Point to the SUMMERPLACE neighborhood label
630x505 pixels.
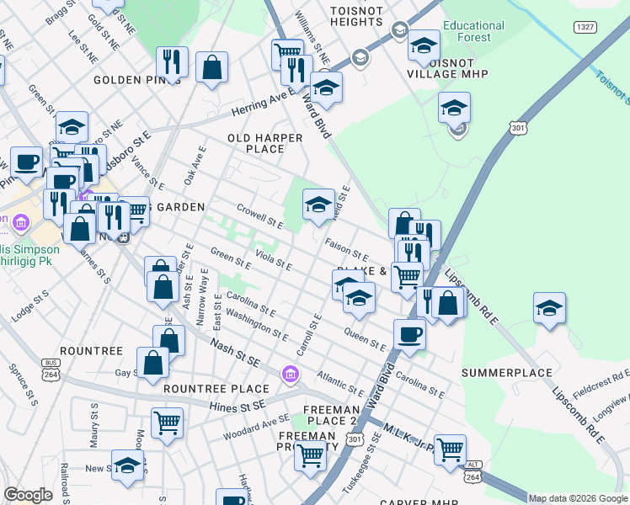[x=507, y=372]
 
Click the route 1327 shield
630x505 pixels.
[x=587, y=28]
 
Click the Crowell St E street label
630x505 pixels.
[x=259, y=215]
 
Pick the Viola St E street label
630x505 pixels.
[x=273, y=261]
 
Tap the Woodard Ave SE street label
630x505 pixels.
[x=250, y=430]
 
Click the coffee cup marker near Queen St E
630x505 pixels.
[x=409, y=333]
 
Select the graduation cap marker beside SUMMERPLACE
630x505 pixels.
[x=549, y=308]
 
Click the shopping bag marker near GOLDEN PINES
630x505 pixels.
[x=212, y=67]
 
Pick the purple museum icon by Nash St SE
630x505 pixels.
[x=291, y=373]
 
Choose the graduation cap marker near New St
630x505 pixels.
[x=127, y=465]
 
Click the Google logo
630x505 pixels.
[x=28, y=495]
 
